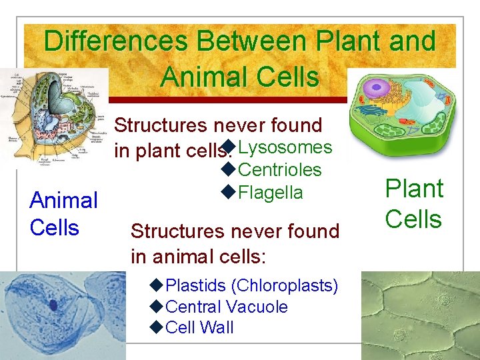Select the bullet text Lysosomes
[285, 147]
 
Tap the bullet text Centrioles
[279, 170]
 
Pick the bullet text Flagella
[270, 193]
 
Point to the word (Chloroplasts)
[285, 286]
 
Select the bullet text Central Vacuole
[226, 307]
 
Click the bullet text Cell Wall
[199, 327]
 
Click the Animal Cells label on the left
[63, 213]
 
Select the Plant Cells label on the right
[413, 204]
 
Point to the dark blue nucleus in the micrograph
[53, 306]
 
